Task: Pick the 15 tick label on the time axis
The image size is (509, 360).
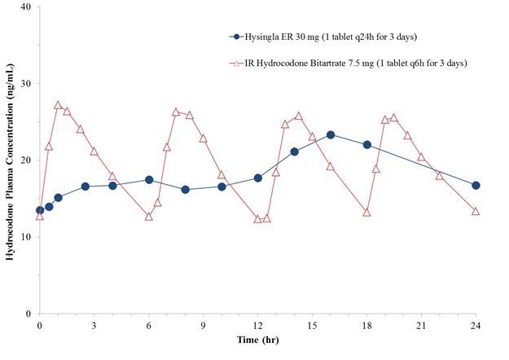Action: pos(312,326)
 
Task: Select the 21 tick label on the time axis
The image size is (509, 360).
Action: pos(421,326)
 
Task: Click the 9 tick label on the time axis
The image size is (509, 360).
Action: pos(203,326)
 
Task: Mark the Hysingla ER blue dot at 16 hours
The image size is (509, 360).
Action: pos(331,135)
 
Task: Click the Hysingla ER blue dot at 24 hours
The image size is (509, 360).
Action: pos(476,186)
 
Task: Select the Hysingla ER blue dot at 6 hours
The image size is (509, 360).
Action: pos(149,180)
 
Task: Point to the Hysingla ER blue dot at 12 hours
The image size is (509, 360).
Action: pos(258,178)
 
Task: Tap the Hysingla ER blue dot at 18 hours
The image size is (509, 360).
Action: pos(367,145)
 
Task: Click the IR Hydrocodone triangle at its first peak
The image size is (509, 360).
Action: pos(58,105)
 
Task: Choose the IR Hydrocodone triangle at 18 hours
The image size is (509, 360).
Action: pos(367,213)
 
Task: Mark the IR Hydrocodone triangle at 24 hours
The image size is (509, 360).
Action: pos(476,212)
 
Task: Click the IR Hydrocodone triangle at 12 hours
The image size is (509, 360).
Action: pos(258,219)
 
